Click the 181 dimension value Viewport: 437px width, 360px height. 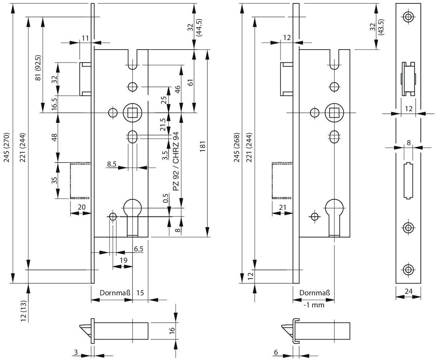click(203, 146)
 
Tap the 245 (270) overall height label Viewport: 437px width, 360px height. click(7, 147)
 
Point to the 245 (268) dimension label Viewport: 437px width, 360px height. click(236, 147)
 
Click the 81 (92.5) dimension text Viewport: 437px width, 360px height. click(38, 68)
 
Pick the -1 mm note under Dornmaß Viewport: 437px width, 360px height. click(314, 305)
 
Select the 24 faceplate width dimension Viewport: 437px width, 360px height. click(408, 291)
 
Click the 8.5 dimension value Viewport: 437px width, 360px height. click(112, 164)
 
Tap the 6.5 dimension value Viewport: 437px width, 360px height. click(139, 249)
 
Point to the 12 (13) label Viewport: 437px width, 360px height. click(24, 311)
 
